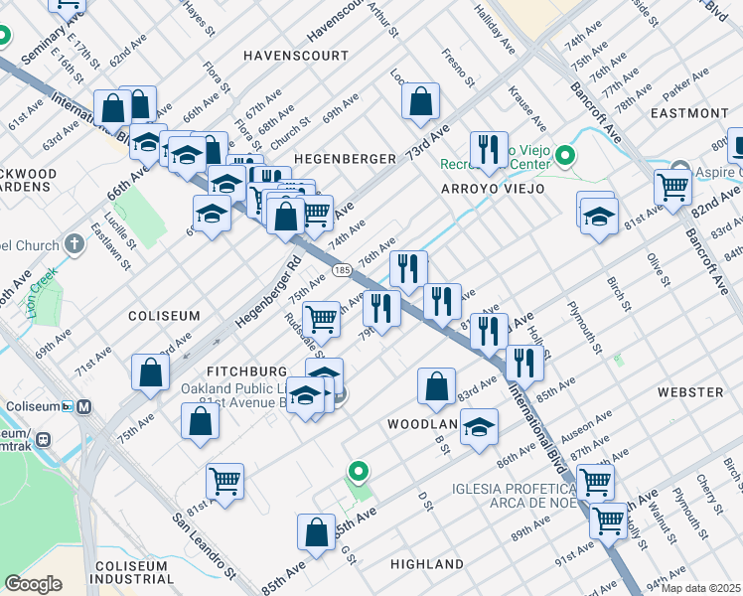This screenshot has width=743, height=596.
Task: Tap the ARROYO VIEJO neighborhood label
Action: [493, 188]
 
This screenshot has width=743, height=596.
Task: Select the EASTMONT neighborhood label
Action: [688, 113]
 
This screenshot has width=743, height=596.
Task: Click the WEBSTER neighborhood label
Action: [689, 393]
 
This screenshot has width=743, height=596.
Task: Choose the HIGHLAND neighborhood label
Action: [426, 564]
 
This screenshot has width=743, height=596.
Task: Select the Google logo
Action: [34, 583]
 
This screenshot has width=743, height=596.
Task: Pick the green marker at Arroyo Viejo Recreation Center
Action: [565, 155]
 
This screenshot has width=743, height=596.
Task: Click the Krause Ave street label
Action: [526, 109]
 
